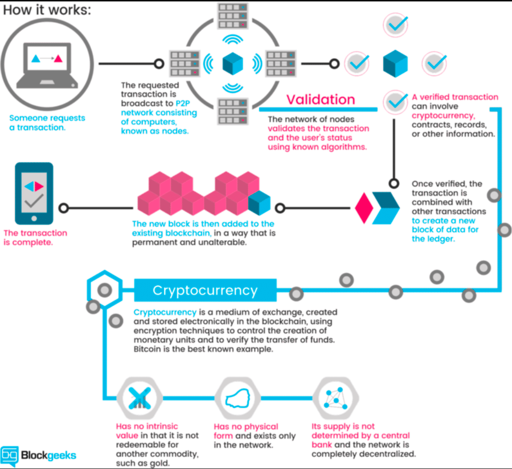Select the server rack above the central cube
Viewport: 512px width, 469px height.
233,15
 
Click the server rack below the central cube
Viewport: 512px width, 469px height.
233,110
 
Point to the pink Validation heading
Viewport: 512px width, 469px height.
320,99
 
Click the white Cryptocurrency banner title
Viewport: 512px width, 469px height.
205,290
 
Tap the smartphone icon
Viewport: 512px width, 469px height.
34,194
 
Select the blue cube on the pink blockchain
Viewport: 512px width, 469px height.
259,203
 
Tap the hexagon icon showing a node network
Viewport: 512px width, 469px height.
336,398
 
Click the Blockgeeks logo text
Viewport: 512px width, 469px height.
47,455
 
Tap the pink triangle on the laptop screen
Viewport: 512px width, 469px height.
58,59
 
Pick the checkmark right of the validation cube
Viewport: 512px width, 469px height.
434,62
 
